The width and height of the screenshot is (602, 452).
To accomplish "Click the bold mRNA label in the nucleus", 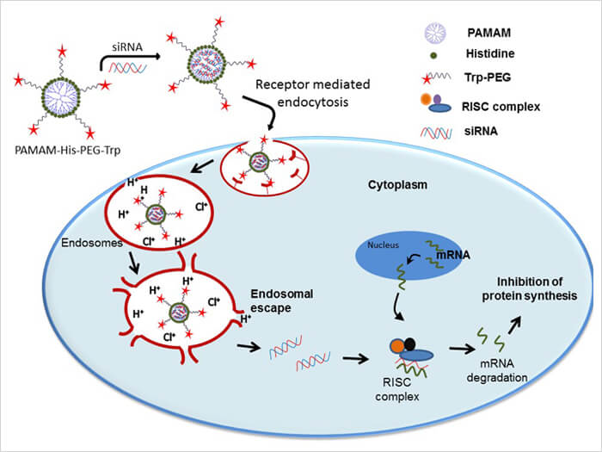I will pyautogui.click(x=452, y=256).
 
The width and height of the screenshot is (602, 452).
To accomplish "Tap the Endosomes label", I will pyautogui.click(x=89, y=244).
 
